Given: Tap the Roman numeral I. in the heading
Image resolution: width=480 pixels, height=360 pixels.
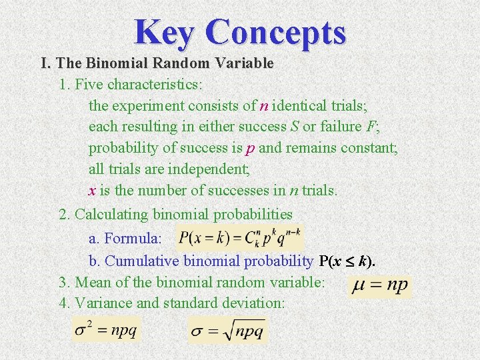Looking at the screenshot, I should (x=46, y=63).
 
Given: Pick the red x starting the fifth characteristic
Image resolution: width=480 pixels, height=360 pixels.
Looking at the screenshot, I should (x=92, y=191).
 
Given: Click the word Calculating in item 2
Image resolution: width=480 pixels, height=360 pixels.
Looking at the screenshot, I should (x=112, y=214).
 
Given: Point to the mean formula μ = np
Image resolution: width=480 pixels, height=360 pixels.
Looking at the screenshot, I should (x=380, y=286).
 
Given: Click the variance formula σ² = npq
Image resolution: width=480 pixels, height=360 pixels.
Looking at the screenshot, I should (x=107, y=330).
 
